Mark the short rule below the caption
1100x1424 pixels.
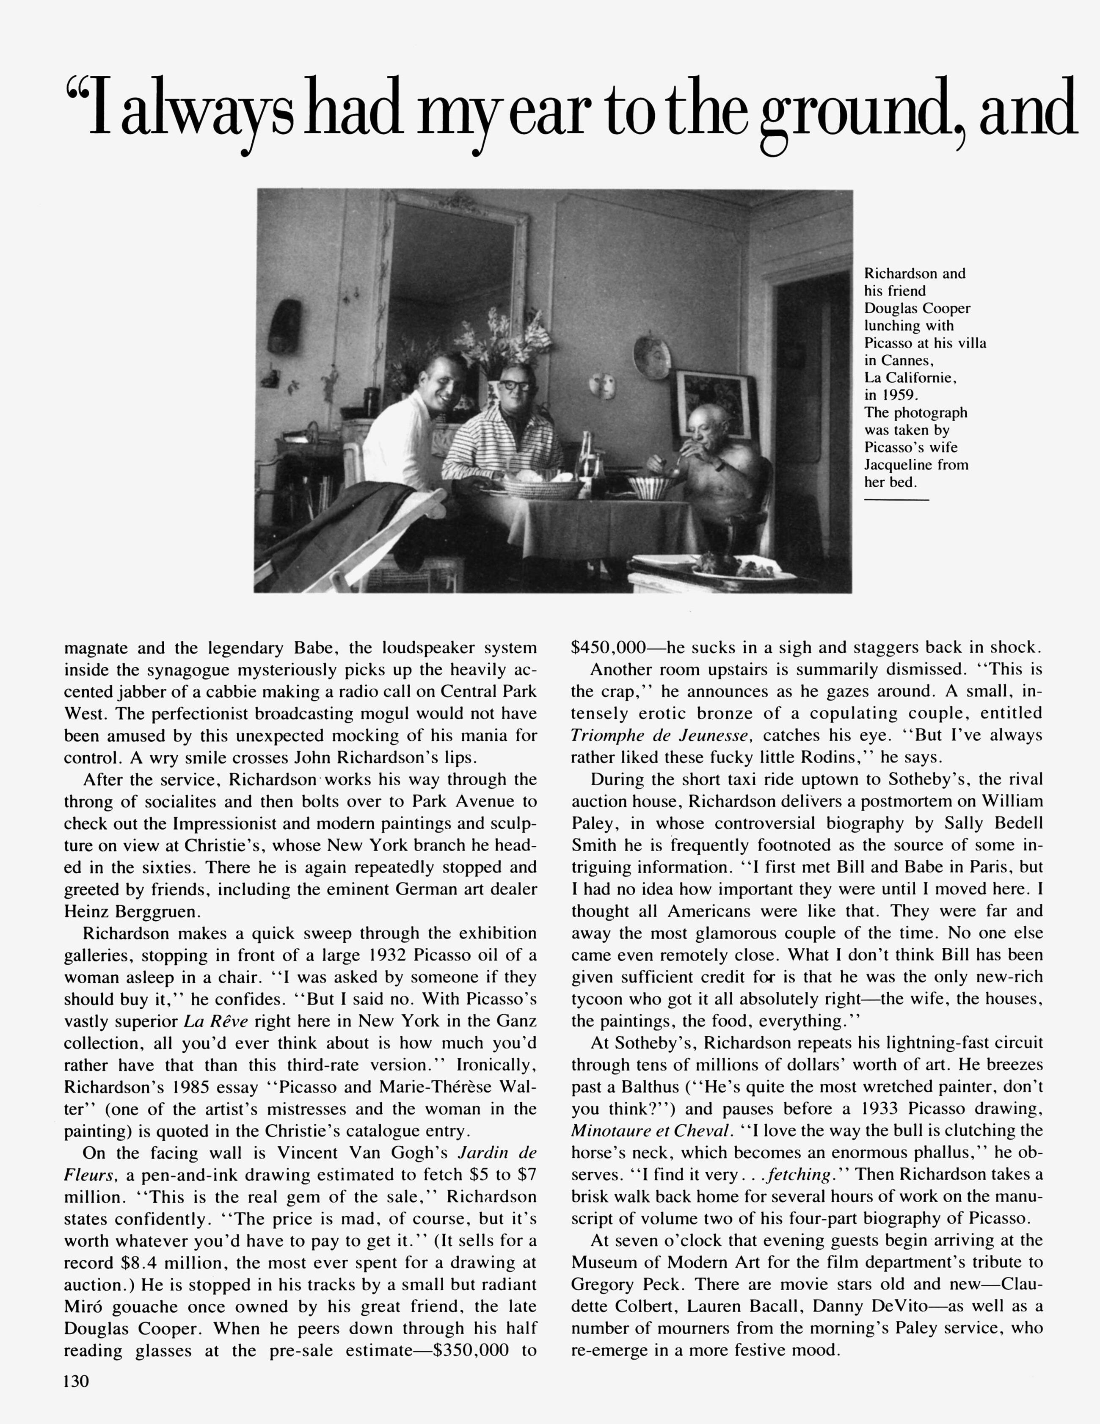point(896,500)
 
